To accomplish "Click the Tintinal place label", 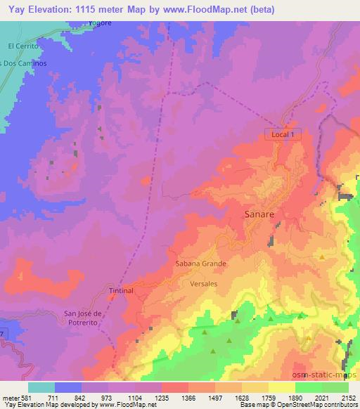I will (x=121, y=290).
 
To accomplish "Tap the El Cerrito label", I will (x=22, y=46).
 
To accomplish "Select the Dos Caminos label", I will (x=24, y=63).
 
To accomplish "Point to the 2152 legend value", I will (x=349, y=398).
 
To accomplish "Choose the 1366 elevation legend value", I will (x=175, y=398).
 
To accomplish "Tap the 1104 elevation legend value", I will (x=122, y=398).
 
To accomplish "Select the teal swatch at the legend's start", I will (x=41, y=387).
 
